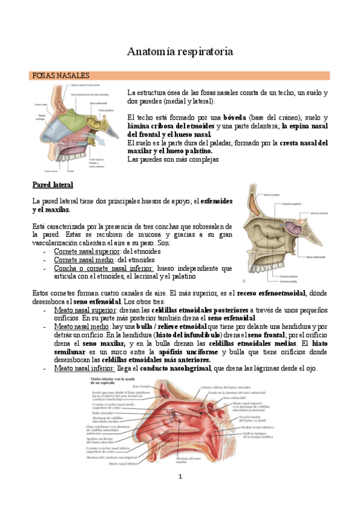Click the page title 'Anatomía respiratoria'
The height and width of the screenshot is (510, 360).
tap(180, 52)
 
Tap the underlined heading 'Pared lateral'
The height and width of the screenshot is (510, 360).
tap(53, 184)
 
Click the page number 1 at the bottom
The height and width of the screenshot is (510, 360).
tap(180, 476)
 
